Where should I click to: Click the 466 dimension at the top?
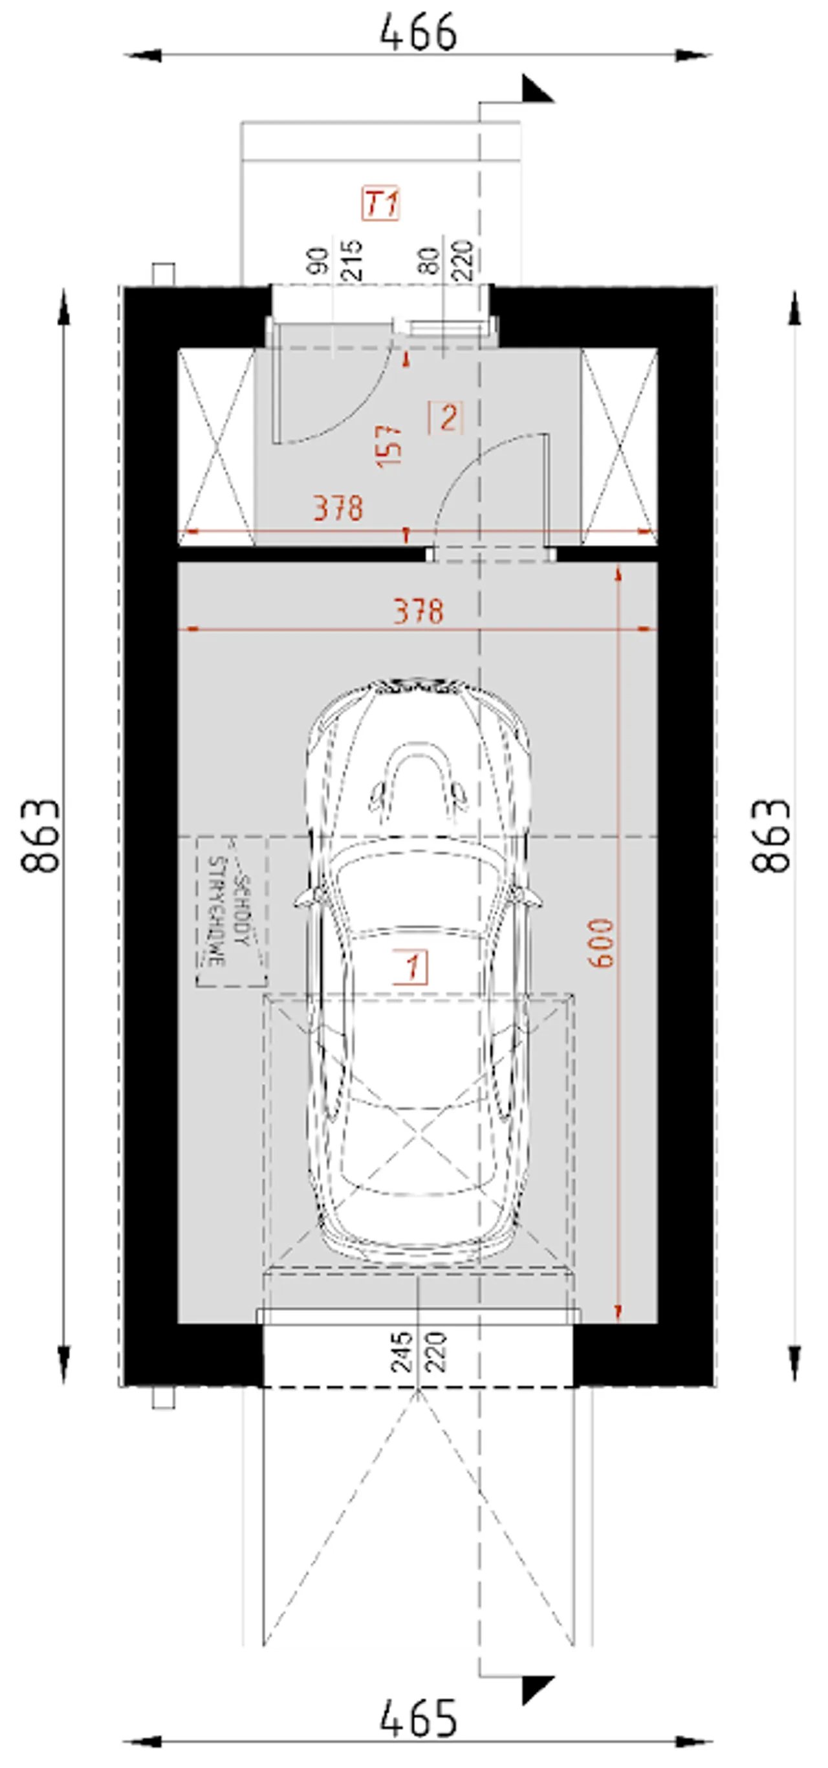[x=418, y=32]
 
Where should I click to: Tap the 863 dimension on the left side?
[x=41, y=835]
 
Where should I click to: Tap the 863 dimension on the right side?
[x=771, y=835]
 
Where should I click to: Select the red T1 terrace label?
[x=381, y=203]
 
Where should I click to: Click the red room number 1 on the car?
[x=411, y=967]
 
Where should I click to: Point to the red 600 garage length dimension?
[x=601, y=943]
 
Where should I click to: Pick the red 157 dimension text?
[x=389, y=445]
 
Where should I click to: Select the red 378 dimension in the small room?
[x=338, y=508]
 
